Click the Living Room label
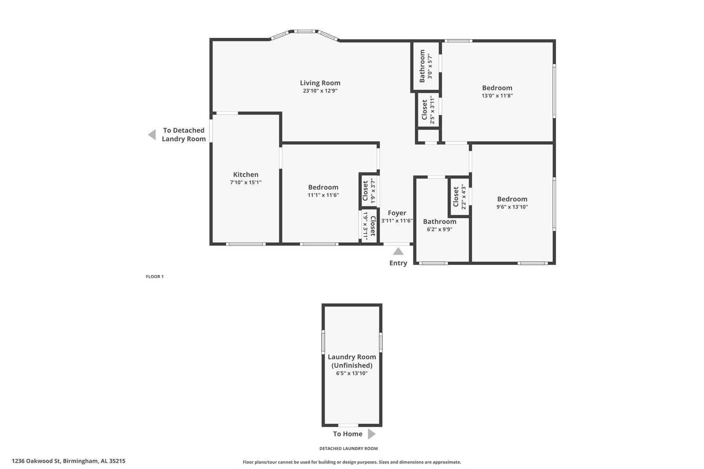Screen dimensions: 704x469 coord(320,83)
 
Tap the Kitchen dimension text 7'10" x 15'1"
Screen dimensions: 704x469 coord(246,182)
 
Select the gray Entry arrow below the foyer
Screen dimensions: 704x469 coord(398,251)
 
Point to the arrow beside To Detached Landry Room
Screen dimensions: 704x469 coord(152,135)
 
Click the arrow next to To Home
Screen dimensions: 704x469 coord(371,434)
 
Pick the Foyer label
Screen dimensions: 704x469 coord(396,213)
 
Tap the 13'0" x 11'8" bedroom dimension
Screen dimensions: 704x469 coord(497,95)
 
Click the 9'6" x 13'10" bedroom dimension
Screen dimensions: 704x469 coord(512,207)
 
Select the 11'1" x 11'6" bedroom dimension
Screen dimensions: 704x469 coord(323,195)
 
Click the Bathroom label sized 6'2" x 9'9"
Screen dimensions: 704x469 coord(440,221)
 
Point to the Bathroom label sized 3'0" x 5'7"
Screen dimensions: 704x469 coord(422,66)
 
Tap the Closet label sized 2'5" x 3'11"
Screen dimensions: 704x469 coord(424,110)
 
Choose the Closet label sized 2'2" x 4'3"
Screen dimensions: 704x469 coord(456,197)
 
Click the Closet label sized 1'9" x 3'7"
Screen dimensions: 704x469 coord(365,191)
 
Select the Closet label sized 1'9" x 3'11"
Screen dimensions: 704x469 coord(373,226)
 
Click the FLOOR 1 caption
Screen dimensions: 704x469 coord(154,277)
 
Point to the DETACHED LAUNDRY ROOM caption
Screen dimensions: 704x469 coord(348,449)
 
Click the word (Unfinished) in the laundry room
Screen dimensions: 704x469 coord(352,365)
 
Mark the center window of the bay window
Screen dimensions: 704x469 coord(304,31)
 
